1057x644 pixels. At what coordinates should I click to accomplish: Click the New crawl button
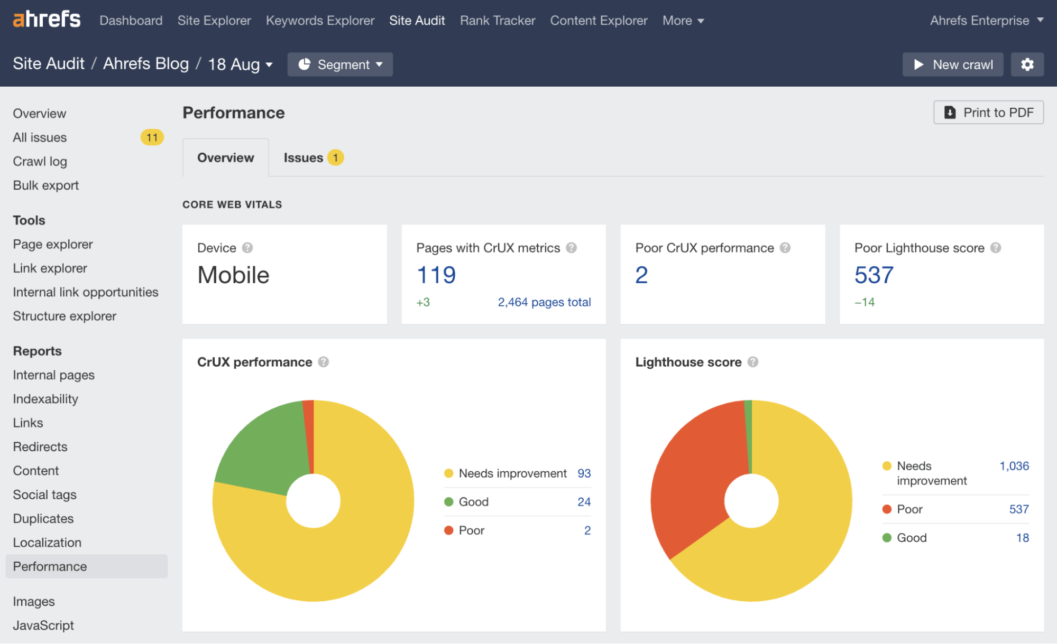952,64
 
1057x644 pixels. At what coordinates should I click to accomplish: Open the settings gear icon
1027,64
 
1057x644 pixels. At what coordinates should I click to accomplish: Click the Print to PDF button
988,113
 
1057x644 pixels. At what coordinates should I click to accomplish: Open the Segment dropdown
340,64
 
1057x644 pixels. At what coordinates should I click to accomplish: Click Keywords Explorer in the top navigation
320,21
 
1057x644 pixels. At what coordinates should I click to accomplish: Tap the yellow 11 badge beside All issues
152,137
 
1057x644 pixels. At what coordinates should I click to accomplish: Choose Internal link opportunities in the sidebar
86,292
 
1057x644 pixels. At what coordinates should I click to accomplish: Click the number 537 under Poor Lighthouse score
874,275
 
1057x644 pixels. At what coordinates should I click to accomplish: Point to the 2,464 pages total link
544,302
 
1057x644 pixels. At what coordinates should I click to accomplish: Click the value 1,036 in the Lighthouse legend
1014,466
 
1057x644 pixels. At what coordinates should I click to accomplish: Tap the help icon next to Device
247,248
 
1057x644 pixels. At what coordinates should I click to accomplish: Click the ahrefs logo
47,20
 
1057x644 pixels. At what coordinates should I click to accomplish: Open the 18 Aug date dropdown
240,64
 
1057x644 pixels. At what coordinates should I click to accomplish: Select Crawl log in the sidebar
40,161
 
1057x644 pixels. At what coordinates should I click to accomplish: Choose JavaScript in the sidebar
43,625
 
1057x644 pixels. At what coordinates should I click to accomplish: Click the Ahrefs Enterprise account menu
986,21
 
